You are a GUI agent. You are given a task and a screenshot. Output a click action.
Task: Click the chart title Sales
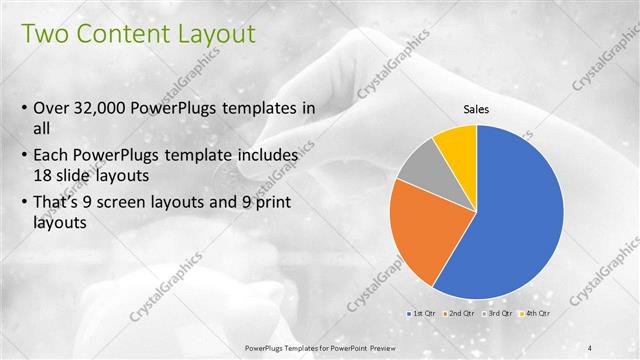(x=475, y=110)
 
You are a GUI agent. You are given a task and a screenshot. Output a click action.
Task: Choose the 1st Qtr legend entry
(x=419, y=315)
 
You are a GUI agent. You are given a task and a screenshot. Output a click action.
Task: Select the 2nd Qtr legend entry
(x=460, y=315)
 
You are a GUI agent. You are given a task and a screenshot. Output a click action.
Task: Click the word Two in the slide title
(x=45, y=34)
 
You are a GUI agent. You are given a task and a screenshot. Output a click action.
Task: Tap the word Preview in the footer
(x=377, y=348)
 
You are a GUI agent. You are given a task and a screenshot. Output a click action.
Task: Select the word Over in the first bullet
(x=51, y=108)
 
